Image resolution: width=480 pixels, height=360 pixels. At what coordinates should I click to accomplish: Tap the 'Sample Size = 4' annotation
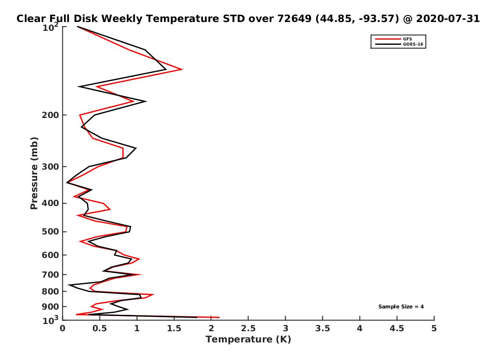401,307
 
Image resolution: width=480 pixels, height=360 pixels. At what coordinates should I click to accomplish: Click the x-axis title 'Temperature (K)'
248,340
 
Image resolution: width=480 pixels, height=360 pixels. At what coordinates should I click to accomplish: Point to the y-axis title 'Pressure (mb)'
34,173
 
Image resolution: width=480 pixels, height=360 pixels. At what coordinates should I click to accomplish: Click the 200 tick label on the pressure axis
50,115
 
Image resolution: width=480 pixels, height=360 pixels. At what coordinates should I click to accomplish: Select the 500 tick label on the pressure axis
50,232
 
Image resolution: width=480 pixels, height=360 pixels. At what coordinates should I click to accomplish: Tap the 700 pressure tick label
50,275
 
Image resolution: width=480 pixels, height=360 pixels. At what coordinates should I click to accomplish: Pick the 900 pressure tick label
50,307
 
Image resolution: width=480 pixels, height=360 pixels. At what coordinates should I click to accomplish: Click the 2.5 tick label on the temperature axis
248,328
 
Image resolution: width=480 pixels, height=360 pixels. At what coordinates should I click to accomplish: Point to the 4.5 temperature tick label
397,328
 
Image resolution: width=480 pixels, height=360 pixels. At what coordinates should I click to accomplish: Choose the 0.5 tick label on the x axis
100,328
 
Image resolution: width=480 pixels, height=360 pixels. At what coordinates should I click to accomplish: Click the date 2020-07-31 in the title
448,19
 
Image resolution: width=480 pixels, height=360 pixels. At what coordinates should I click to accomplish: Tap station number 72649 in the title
294,19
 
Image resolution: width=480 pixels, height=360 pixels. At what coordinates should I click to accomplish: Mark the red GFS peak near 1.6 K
182,70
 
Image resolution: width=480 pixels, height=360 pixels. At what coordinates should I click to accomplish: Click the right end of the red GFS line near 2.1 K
219,317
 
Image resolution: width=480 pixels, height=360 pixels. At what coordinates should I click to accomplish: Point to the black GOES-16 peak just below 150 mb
146,101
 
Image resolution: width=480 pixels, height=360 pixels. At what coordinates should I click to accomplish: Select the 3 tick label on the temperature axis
285,328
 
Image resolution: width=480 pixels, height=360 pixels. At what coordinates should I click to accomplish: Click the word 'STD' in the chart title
234,19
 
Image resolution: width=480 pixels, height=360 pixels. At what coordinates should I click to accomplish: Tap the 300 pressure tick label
50,167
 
